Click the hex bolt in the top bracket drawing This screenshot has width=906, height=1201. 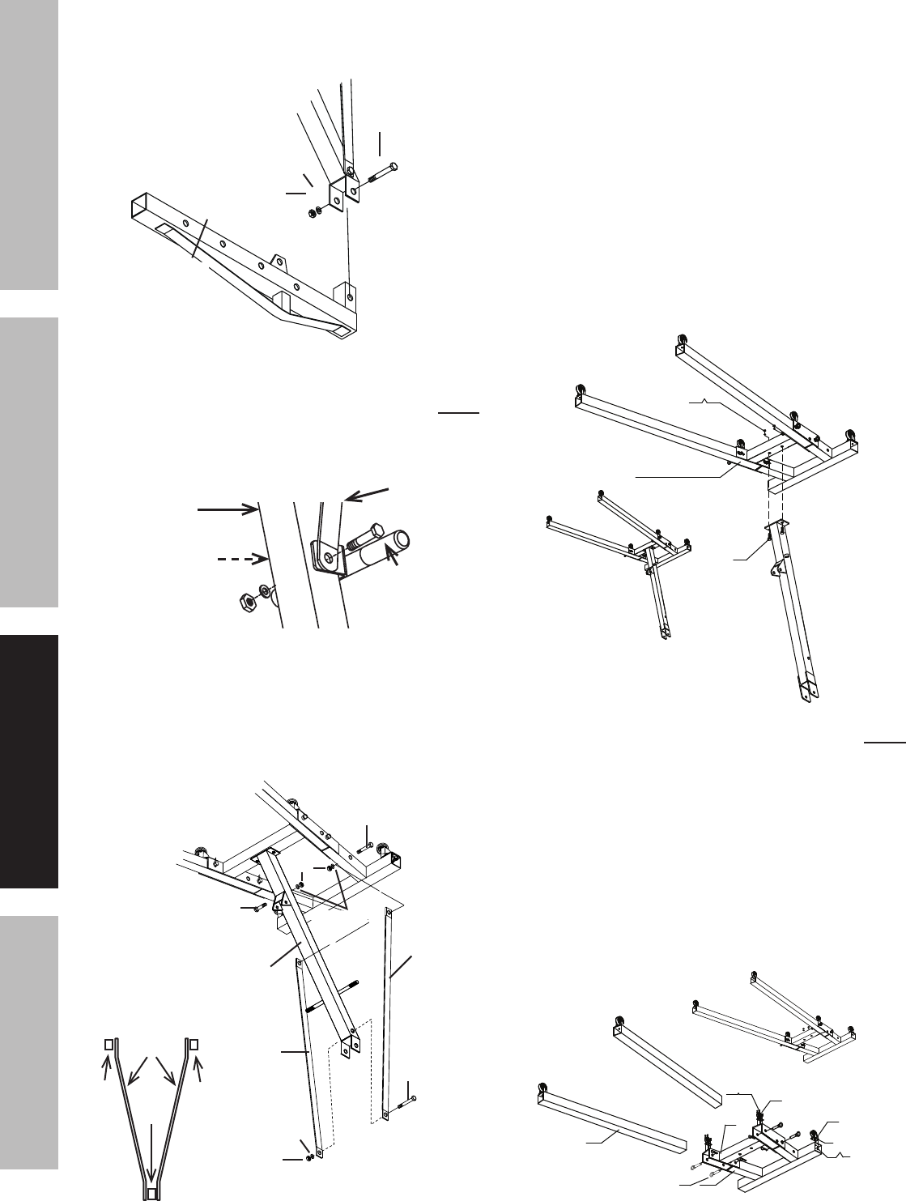381,174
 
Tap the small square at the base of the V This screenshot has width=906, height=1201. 151,1194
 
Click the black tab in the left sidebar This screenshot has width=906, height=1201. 29,761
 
